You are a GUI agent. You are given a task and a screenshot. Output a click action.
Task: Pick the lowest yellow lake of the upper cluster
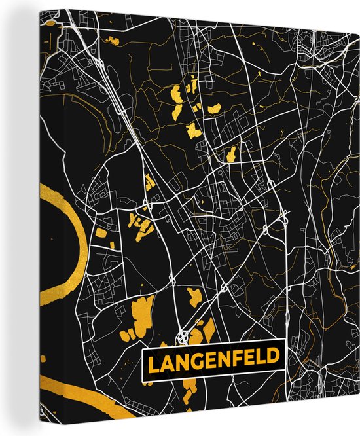pos(230,154)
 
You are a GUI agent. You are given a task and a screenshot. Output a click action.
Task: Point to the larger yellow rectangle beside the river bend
pos(101,232)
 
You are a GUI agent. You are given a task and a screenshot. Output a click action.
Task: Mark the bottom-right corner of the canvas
pos(358,433)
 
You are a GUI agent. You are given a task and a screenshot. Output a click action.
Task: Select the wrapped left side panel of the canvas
pos(23,216)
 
